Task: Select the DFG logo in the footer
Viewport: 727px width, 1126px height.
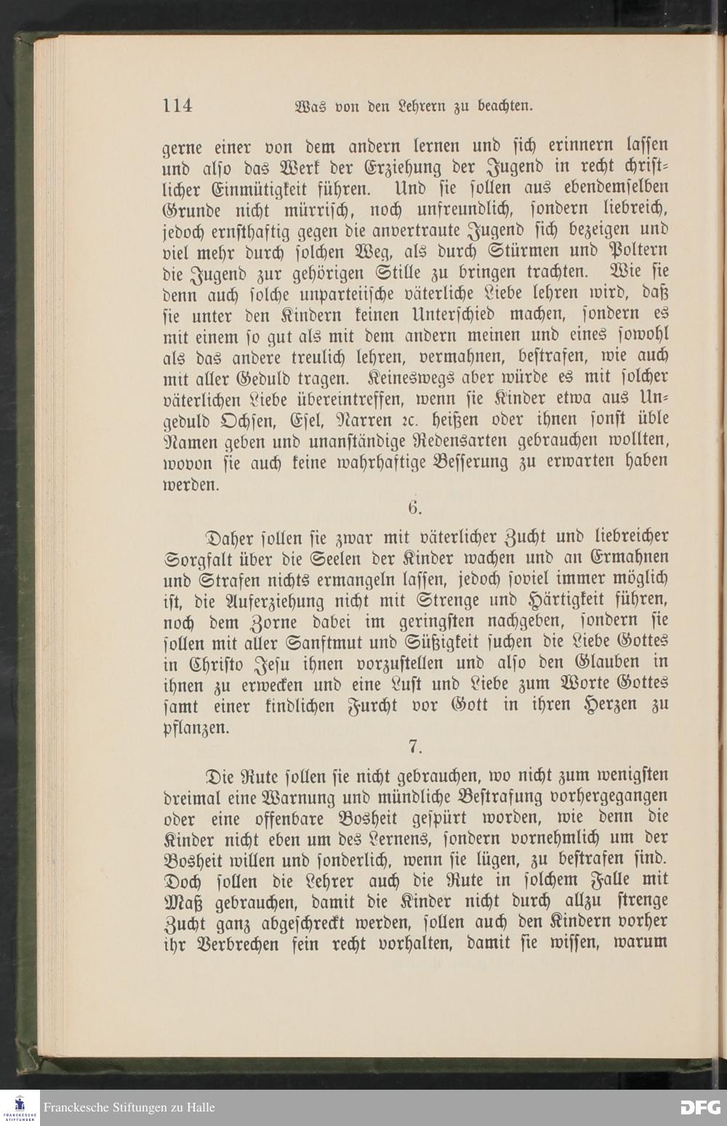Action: [x=699, y=1107]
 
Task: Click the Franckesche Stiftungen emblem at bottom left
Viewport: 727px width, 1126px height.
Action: [x=20, y=1107]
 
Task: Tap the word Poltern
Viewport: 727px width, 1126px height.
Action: [x=640, y=251]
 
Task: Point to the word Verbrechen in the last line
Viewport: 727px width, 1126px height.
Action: [x=236, y=944]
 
